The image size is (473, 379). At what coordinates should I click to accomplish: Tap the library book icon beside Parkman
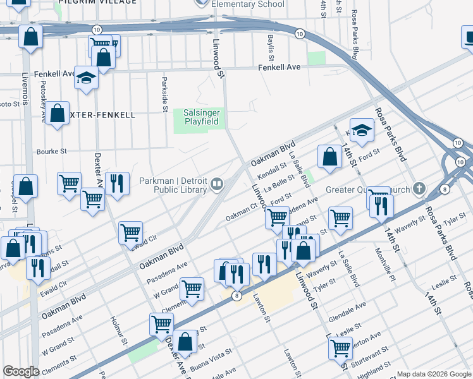[216, 184]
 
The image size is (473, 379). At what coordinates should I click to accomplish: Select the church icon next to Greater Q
[418, 189]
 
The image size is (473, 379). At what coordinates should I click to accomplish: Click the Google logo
[21, 371]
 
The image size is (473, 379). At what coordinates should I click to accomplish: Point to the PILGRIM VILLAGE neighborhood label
[95, 3]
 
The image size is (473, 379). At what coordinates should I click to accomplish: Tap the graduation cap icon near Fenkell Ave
[86, 78]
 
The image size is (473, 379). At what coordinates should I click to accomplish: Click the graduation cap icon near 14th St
[362, 130]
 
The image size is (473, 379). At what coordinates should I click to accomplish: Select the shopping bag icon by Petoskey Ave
[57, 114]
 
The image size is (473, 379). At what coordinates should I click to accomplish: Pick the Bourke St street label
[52, 152]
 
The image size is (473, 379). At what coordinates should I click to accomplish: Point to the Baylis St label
[270, 47]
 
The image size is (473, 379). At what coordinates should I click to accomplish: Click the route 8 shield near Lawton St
[236, 295]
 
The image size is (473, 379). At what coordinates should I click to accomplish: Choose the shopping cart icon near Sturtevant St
[341, 347]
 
